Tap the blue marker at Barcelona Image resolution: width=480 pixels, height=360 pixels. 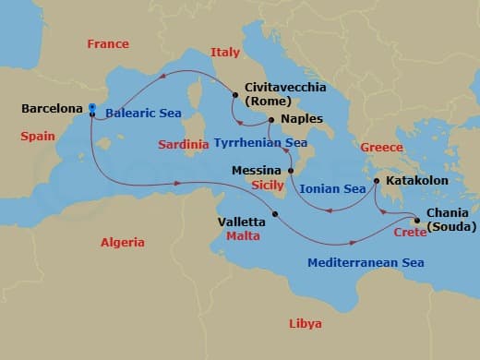click(x=92, y=107)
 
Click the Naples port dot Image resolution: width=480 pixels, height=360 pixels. click(x=270, y=120)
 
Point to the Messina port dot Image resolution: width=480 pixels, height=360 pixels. click(x=290, y=171)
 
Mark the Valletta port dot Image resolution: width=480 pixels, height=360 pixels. click(x=275, y=214)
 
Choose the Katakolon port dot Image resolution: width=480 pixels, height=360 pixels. click(x=376, y=181)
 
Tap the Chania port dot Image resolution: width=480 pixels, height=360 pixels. click(x=417, y=221)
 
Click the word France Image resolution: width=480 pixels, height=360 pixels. click(x=107, y=43)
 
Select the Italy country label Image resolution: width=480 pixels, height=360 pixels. click(x=225, y=53)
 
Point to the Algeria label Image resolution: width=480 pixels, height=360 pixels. click(x=123, y=242)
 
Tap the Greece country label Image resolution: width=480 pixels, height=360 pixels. click(x=381, y=147)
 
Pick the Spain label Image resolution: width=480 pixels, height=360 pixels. click(x=38, y=137)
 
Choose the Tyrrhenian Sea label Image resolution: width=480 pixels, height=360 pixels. click(x=261, y=143)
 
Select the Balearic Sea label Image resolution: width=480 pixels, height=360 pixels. click(x=143, y=114)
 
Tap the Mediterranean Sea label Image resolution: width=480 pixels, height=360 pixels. click(x=366, y=263)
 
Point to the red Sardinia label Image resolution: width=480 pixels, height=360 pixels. click(x=184, y=145)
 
